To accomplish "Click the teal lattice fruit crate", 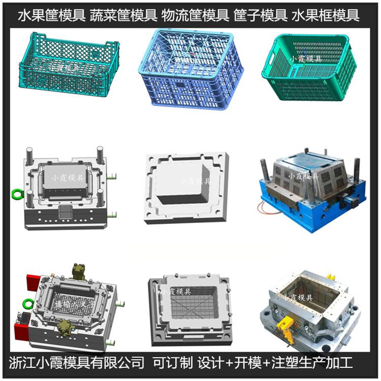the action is tap(69, 65).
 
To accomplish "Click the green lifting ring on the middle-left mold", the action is tap(17, 195).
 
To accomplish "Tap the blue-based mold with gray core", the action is tap(312, 190).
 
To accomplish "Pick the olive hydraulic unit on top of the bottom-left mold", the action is tap(79, 272).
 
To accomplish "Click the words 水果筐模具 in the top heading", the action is tap(51, 15).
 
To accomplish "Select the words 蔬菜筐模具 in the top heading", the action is tap(123, 15).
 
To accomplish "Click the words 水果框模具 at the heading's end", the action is tap(325, 15).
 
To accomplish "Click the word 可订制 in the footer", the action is tap(173, 363).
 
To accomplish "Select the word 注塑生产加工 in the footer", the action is tap(312, 363).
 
